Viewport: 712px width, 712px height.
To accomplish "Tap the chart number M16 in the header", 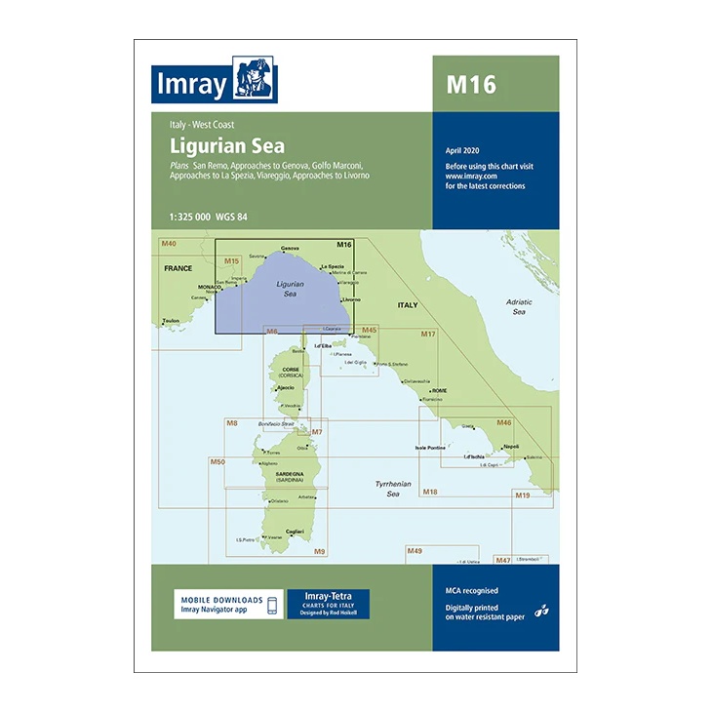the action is pos(471,85).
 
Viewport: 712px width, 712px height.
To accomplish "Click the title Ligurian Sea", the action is pos(226,145).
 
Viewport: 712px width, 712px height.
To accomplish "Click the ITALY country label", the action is pos(406,305).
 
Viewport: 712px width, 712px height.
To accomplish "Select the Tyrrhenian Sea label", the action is pos(393,489).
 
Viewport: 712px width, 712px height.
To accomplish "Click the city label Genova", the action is pos(290,249).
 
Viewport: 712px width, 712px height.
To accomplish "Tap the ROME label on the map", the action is pos(439,390).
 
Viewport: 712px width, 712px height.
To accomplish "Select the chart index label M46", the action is pos(503,422).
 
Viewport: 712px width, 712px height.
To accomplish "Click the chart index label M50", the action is pos(218,461).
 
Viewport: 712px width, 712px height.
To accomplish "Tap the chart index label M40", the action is pos(169,243).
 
